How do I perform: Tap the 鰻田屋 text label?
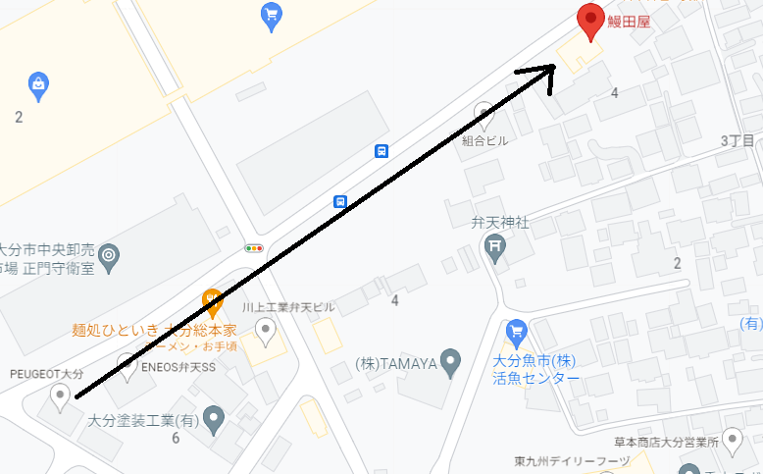629,20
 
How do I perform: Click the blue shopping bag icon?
38,83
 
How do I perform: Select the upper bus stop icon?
381,151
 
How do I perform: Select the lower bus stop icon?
339,202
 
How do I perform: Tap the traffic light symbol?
255,248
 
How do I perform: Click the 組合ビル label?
485,140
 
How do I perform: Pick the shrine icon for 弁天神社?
495,253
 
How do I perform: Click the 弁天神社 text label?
500,224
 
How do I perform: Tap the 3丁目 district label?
738,141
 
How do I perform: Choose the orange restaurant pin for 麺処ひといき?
212,300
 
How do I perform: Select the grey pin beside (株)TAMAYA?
450,362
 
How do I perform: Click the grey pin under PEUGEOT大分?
61,396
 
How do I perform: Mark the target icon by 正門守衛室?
110,256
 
